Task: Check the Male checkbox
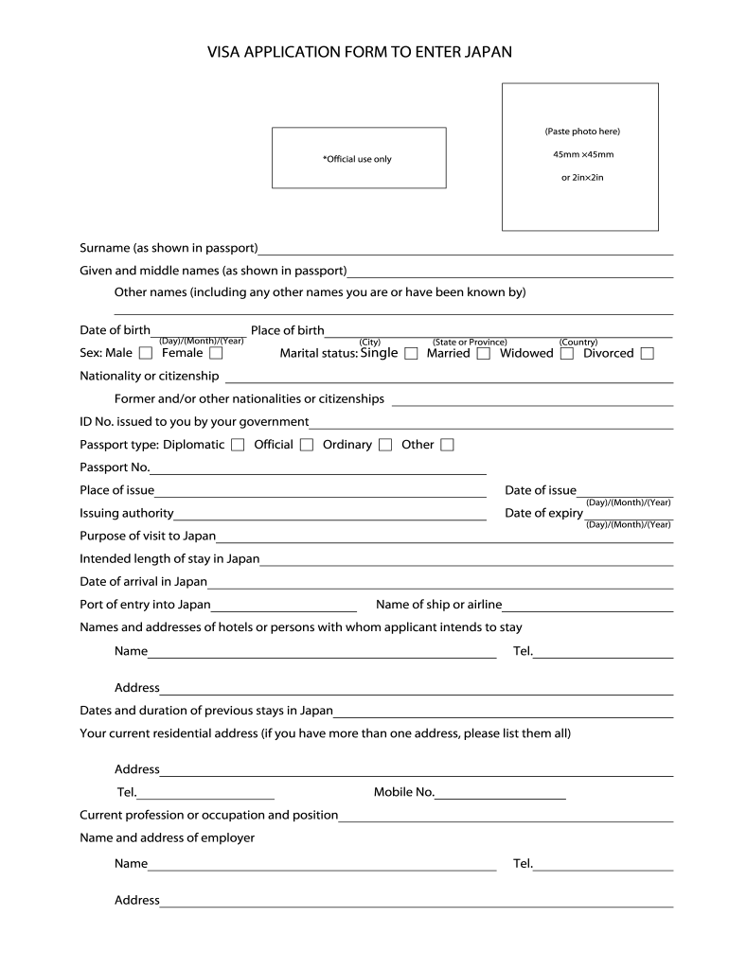145,354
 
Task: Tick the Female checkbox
216,354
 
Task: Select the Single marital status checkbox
411,354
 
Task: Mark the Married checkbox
483,354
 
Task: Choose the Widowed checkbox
566,354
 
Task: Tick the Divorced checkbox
647,354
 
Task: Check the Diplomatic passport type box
238,445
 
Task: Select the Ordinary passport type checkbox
385,445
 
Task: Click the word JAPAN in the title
488,53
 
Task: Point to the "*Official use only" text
357,159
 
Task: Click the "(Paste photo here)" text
581,131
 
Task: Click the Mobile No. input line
501,797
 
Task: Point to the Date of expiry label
543,513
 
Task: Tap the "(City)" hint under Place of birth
370,342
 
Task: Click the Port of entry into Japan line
284,608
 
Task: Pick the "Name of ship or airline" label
438,605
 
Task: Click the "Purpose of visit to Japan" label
148,536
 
